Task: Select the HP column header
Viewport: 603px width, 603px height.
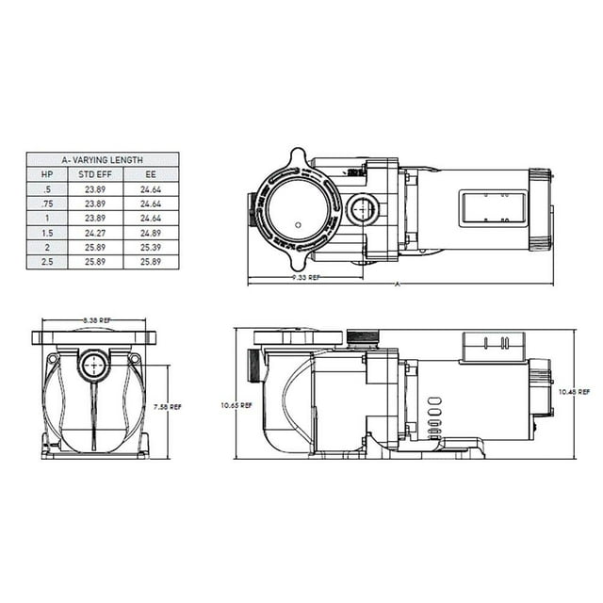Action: click(47, 174)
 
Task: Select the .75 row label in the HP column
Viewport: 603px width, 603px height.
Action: click(47, 203)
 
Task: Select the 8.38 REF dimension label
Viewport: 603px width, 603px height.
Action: click(92, 320)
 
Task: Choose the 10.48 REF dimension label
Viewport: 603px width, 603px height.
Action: click(576, 391)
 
